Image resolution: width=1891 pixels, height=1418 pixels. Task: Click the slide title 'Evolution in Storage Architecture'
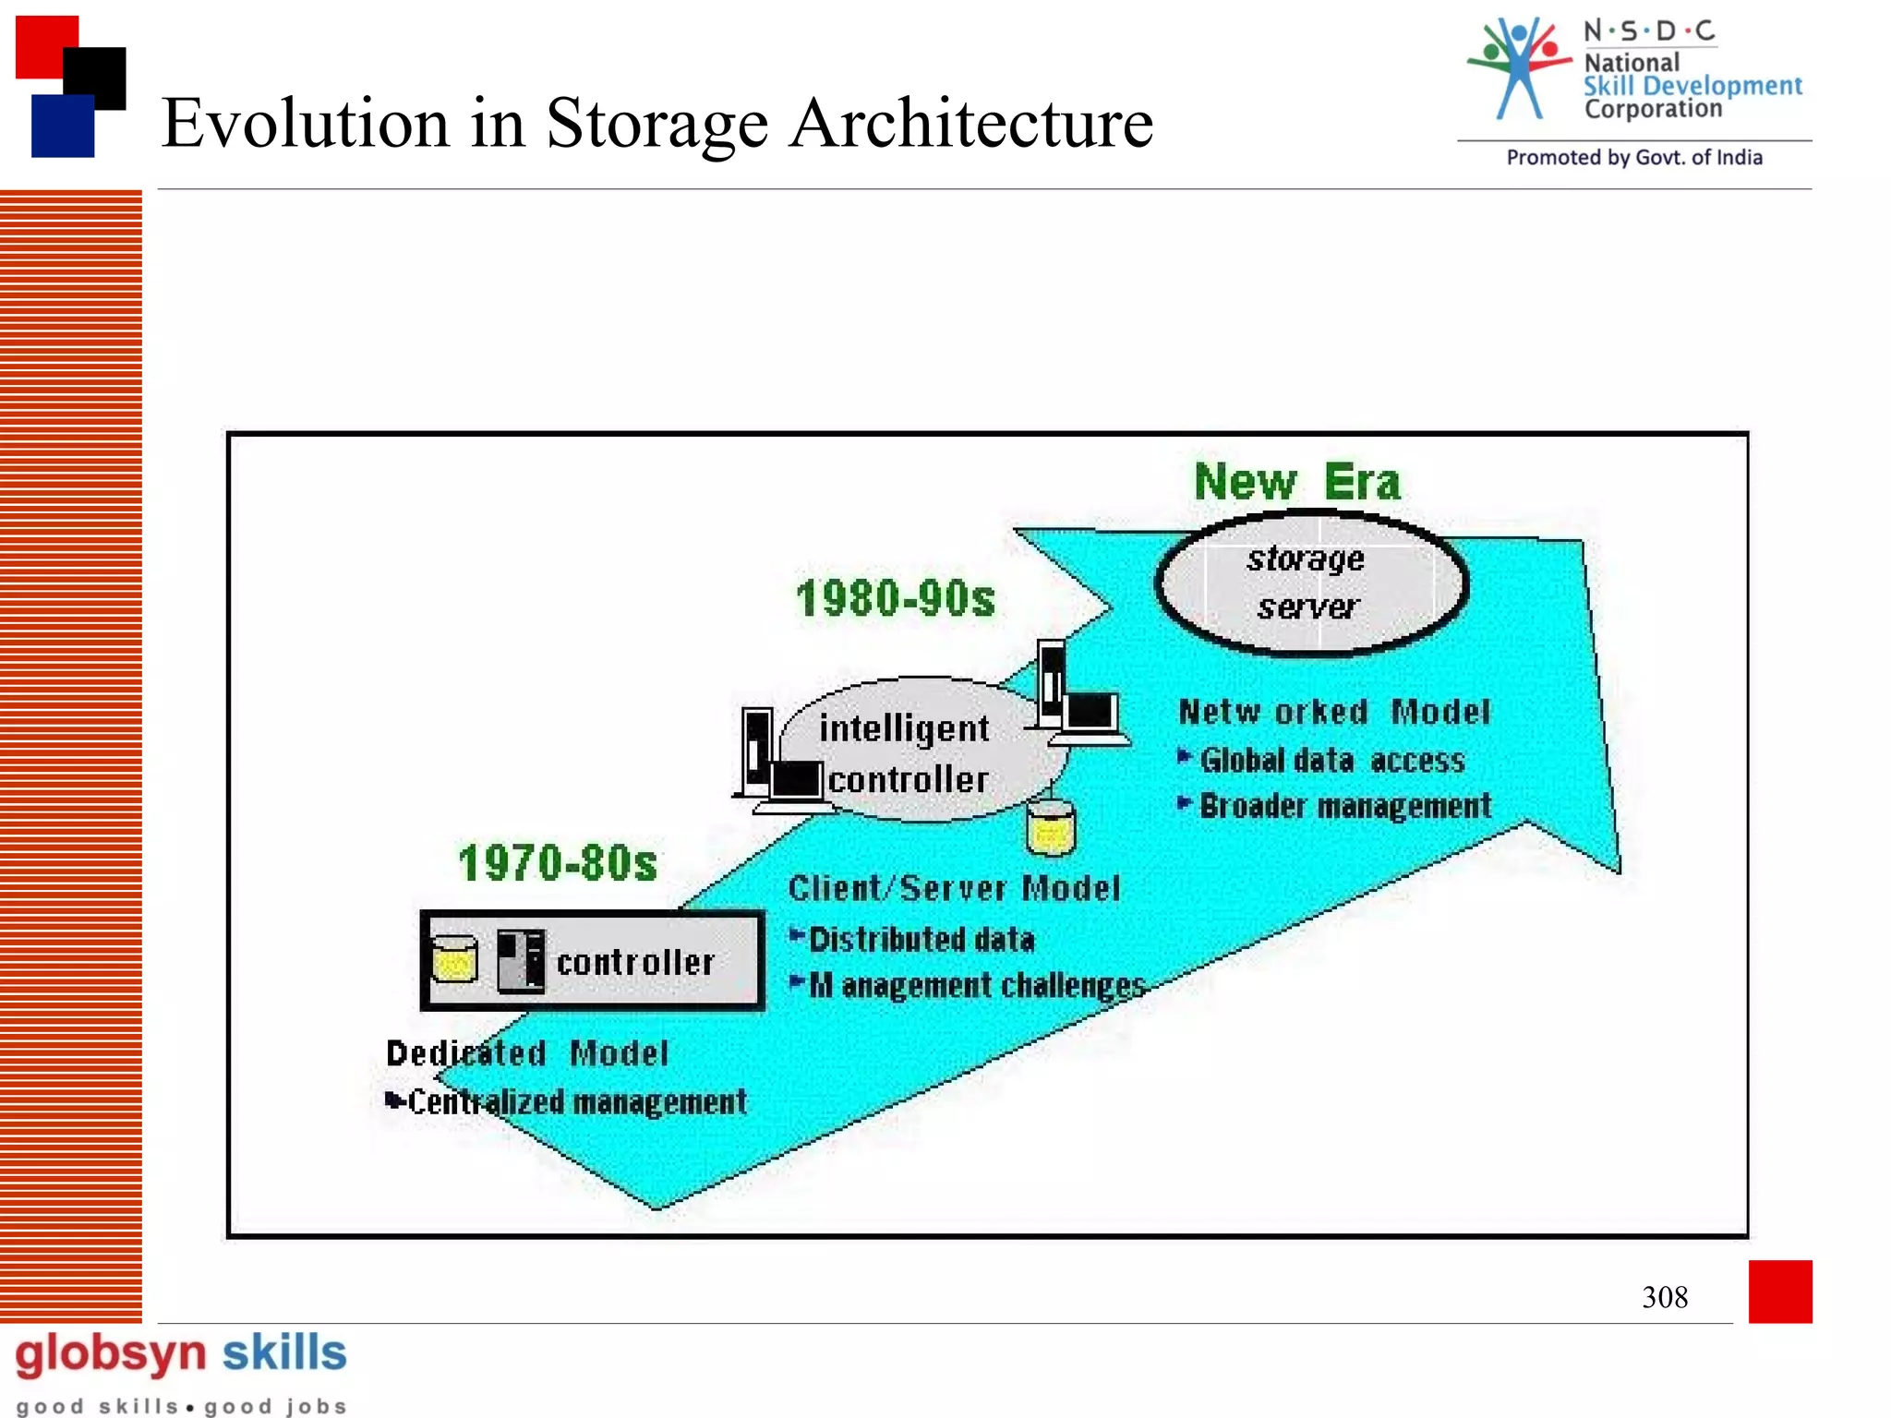coord(656,123)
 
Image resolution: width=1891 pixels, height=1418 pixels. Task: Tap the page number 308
coord(1664,1297)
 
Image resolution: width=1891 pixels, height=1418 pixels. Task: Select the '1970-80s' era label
coord(558,863)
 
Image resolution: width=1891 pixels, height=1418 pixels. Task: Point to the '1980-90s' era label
coord(896,598)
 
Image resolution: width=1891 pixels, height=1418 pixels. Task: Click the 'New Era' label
coord(1296,482)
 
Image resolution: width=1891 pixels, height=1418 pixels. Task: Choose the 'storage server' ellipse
coord(1310,583)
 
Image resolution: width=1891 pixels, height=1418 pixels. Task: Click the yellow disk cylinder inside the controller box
coord(454,960)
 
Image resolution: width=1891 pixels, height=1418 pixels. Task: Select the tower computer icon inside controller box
coord(521,961)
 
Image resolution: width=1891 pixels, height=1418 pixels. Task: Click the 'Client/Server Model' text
coord(954,888)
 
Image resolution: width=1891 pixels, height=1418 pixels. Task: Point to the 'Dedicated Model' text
coord(526,1053)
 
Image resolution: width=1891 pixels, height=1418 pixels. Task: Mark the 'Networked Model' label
coord(1334,712)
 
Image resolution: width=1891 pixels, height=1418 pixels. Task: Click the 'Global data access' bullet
coord(1331,760)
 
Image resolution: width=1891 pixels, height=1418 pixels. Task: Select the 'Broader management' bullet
coord(1344,806)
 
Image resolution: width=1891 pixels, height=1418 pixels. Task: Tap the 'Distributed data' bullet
coord(921,940)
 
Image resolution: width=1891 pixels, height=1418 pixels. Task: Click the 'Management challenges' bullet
coord(977,985)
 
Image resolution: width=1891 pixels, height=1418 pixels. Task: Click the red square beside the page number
coord(1779,1291)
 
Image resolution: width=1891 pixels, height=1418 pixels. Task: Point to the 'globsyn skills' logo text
coord(181,1354)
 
